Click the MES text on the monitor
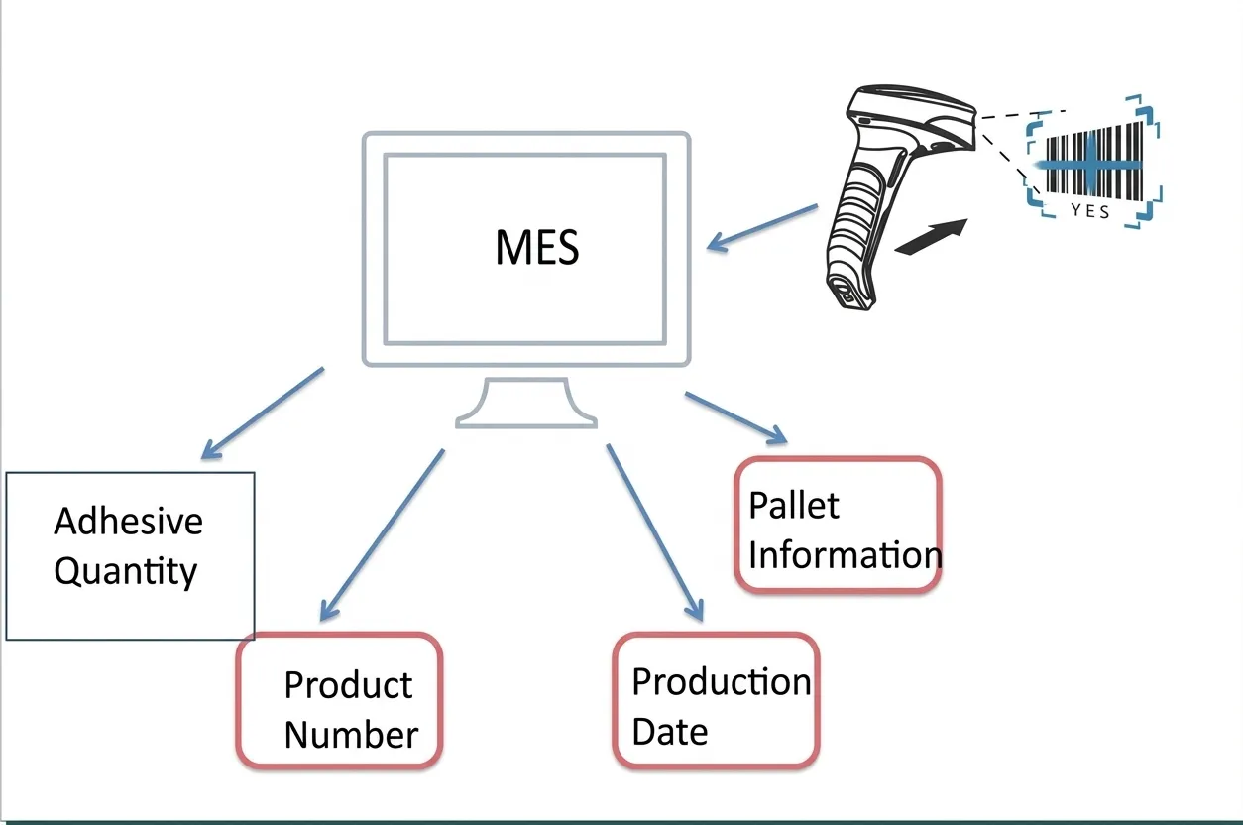point(536,247)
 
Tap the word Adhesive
point(128,522)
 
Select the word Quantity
point(125,572)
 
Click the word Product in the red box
point(348,685)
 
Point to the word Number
point(351,736)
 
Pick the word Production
point(721,682)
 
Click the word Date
point(669,733)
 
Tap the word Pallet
point(793,506)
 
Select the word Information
point(844,555)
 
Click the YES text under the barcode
point(1090,211)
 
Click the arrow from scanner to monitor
point(762,227)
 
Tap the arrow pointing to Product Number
point(382,535)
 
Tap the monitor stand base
point(525,419)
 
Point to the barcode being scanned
point(1090,162)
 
